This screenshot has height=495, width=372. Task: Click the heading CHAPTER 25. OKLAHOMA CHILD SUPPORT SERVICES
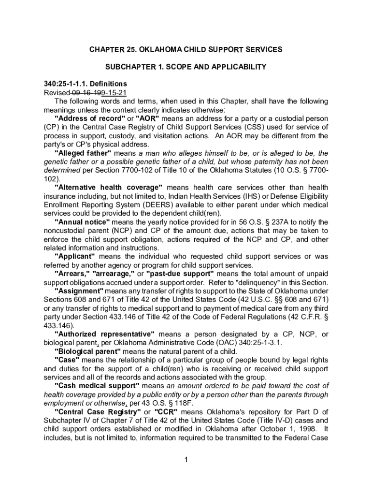pyautogui.click(x=186, y=50)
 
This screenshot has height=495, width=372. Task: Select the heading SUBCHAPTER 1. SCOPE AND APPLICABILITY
pyautogui.click(x=186, y=67)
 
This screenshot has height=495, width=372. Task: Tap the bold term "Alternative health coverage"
pyautogui.click(x=108, y=188)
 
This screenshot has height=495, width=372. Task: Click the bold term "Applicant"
pyautogui.click(x=75, y=257)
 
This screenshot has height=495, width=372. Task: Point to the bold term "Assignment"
pyautogui.click(x=79, y=291)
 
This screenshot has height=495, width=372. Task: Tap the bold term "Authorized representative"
pyautogui.click(x=104, y=335)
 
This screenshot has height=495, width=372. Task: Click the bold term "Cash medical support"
pyautogui.click(x=97, y=386)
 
